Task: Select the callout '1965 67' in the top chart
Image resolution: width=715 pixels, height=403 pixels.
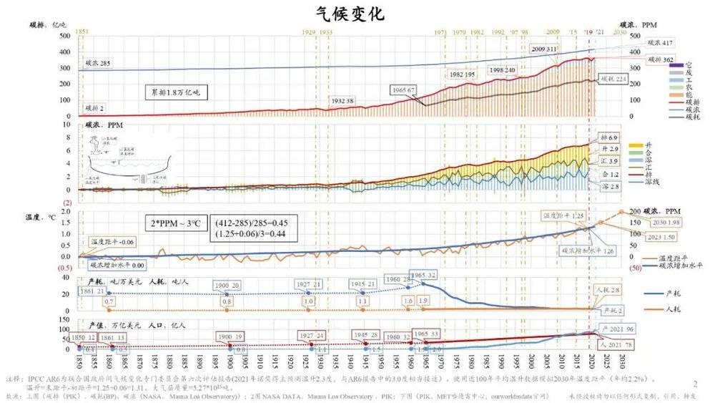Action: [x=404, y=89]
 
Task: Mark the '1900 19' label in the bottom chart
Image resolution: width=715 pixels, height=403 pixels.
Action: [x=230, y=336]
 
